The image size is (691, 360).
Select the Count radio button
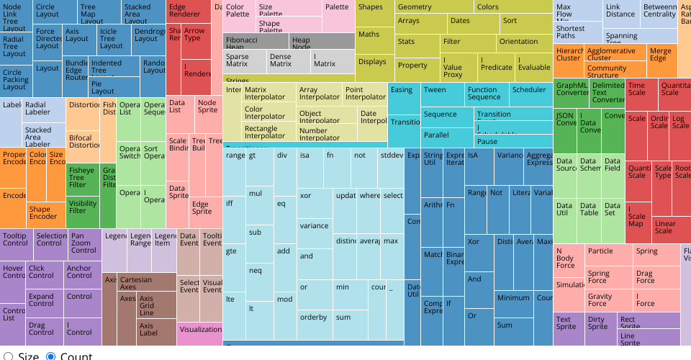pyautogui.click(x=50, y=356)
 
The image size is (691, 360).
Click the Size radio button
pyautogui.click(x=9, y=356)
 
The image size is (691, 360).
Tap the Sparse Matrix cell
pyautogui.click(x=244, y=61)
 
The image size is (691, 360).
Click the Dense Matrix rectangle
pyautogui.click(x=288, y=61)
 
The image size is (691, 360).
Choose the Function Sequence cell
pyautogui.click(x=485, y=94)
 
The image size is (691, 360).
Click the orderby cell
pyautogui.click(x=314, y=317)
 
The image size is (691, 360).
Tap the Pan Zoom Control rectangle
pyautogui.click(x=84, y=243)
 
